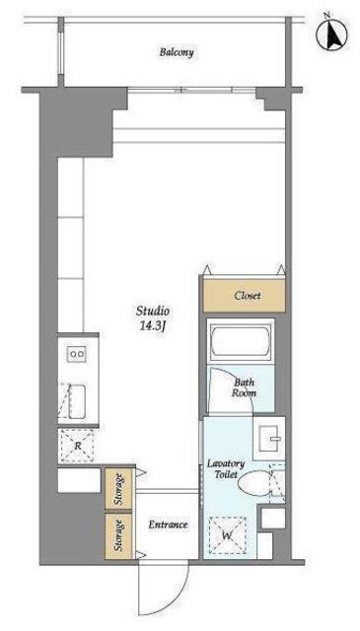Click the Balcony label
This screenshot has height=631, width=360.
[177, 52]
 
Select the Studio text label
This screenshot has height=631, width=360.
[152, 311]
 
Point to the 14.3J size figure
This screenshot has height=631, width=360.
[153, 326]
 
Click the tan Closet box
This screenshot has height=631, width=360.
[244, 296]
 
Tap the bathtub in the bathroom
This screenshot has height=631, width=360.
[241, 341]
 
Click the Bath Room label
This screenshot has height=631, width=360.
[244, 387]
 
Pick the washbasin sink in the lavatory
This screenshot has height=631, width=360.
[270, 438]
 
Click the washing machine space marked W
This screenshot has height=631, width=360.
[227, 535]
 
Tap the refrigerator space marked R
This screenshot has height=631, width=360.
[77, 446]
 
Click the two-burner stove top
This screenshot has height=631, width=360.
[77, 354]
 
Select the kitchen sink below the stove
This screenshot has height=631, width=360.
[77, 401]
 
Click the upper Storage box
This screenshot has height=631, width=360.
[118, 489]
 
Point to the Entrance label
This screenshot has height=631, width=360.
[168, 526]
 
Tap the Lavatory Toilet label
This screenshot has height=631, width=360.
[226, 469]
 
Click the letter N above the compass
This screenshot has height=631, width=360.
[327, 16]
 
